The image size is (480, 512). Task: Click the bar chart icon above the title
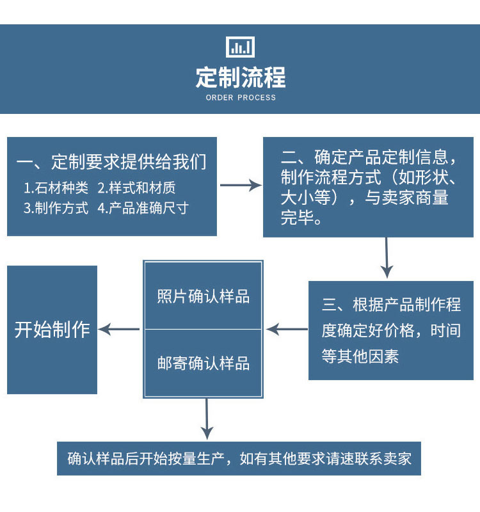point(240,47)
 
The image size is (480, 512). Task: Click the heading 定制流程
point(240,78)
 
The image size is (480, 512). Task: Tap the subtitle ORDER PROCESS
point(241,98)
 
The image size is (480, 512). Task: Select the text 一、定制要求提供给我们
point(111,162)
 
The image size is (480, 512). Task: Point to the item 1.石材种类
point(56,188)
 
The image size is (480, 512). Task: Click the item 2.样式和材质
point(136,188)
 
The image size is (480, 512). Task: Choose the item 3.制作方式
point(56,208)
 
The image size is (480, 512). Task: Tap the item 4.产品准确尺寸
point(143,208)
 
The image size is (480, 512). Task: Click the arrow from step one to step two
point(241,186)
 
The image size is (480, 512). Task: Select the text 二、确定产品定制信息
point(368,157)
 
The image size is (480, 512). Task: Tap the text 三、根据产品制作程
point(391,304)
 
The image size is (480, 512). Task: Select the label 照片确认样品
point(204,297)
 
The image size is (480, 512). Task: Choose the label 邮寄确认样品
point(204,364)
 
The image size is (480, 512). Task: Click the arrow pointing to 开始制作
point(120,330)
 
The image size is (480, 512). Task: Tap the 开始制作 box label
point(52,330)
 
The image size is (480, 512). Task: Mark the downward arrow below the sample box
point(206,419)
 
